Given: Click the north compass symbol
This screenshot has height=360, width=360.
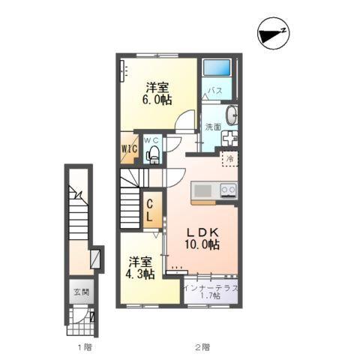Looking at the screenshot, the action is [x=274, y=33].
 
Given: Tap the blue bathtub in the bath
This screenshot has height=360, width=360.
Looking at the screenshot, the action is [x=217, y=67].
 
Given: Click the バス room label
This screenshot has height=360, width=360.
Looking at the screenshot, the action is [x=215, y=91].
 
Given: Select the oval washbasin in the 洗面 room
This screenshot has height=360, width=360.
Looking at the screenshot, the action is [x=232, y=115].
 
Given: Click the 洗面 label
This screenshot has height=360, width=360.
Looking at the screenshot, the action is [x=213, y=127].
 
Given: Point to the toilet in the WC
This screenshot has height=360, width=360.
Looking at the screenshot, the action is [x=153, y=154].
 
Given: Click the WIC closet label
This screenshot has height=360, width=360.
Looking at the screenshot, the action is [x=129, y=149].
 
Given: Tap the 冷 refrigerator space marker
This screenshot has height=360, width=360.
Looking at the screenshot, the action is [x=230, y=158].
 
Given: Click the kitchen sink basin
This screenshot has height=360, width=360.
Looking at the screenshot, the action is [x=202, y=191].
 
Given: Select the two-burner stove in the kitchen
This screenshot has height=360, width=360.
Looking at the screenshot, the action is [x=229, y=190].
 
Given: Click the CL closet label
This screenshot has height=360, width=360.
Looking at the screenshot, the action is [x=149, y=211].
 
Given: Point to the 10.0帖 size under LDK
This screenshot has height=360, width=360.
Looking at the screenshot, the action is [x=202, y=244].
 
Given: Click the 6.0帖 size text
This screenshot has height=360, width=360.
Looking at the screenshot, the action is [x=157, y=100].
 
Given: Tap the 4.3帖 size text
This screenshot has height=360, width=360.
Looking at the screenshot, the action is [x=139, y=274].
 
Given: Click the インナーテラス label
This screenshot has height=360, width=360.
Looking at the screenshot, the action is [x=211, y=288].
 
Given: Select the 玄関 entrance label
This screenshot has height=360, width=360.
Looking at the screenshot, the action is [x=82, y=292].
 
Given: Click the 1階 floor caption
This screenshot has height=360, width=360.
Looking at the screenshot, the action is [x=85, y=347].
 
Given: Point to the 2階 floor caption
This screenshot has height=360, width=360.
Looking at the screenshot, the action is [x=202, y=347].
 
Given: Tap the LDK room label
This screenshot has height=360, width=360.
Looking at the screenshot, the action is [x=203, y=232].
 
